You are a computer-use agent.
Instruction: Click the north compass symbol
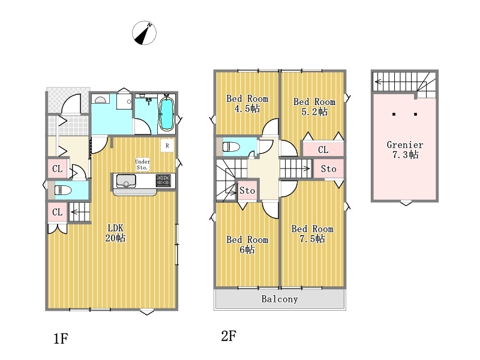click(x=144, y=33)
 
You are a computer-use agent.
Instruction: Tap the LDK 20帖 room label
click(x=115, y=233)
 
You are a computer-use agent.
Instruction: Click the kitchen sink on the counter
click(x=126, y=181)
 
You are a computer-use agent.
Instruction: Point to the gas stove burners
click(x=163, y=181)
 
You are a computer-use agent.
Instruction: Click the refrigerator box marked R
click(x=167, y=146)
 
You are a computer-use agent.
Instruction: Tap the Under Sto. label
click(x=143, y=164)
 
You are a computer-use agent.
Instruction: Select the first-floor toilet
click(x=62, y=190)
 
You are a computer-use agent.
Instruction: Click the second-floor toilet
click(x=231, y=146)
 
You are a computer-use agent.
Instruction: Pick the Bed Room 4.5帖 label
click(x=247, y=103)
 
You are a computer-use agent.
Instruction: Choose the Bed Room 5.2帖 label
click(x=314, y=107)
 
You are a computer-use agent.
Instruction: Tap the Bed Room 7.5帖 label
click(x=312, y=233)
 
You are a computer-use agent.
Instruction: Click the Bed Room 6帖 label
click(x=247, y=244)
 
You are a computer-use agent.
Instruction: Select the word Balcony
click(x=280, y=299)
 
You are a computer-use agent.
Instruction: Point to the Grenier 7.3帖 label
click(x=405, y=149)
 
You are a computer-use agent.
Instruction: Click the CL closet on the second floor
click(x=323, y=149)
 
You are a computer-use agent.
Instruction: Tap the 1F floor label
click(x=61, y=338)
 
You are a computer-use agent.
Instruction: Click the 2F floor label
click(x=229, y=336)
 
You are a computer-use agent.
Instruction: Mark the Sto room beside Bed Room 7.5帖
click(x=328, y=169)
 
